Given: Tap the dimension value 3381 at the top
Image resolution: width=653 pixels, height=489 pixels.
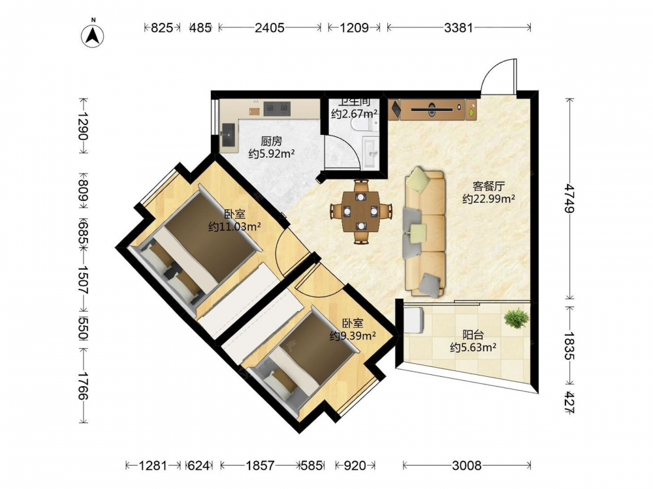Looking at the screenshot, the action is tap(458, 28).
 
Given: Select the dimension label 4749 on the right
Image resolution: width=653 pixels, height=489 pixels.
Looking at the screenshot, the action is tap(569, 199).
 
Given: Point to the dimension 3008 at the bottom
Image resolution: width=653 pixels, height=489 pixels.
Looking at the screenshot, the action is tap(467, 466).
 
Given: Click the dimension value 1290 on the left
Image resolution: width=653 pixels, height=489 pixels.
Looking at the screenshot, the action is tap(84, 126).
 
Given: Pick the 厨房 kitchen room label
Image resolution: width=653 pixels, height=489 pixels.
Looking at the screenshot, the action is tap(272, 141).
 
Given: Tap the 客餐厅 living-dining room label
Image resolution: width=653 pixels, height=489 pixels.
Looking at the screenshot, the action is tap(488, 186).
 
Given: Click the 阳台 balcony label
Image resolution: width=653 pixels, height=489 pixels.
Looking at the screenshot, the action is tap(473, 334).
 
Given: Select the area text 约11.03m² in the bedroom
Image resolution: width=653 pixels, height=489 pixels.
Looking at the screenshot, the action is tap(234, 227).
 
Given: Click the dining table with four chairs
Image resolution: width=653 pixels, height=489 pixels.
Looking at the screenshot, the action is tap(361, 211).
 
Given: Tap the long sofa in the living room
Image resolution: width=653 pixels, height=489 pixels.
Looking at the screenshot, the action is tap(424, 232).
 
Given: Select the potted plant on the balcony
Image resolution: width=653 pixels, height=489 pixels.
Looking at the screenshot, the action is tap(517, 318).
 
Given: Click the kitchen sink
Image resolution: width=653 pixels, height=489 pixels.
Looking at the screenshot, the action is tap(229, 135).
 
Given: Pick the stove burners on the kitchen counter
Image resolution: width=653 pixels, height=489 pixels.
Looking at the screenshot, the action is tap(276, 108).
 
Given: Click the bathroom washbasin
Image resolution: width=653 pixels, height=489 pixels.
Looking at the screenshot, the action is tap(371, 154).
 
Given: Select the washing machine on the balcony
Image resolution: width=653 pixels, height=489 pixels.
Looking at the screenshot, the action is tap(414, 319).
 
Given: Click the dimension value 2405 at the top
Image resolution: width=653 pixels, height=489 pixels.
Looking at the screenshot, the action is tap(270, 28).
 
